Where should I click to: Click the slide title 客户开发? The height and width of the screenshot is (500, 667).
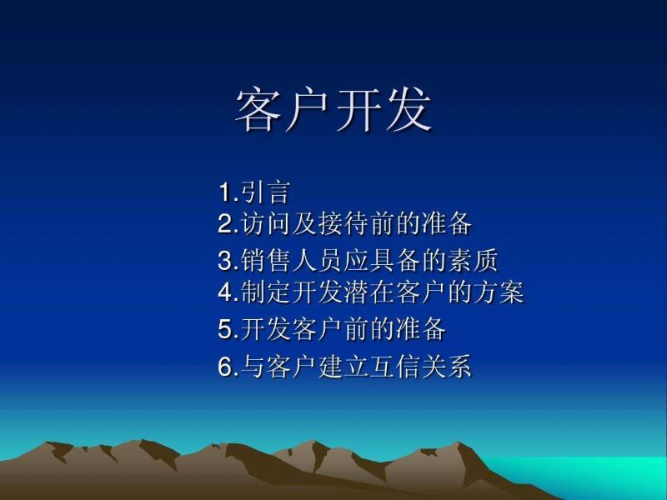333,110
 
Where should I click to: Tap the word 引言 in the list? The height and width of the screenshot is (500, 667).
265,192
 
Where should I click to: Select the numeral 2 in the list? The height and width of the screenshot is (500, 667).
224,223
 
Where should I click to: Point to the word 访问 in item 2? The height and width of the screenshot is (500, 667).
265,223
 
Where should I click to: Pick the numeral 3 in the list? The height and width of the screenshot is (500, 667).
224,261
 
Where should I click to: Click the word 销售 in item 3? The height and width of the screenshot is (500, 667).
265,261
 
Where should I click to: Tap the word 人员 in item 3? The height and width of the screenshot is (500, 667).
317,261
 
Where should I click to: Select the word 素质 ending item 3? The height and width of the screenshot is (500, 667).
473,261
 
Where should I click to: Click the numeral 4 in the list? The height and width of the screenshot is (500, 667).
224,292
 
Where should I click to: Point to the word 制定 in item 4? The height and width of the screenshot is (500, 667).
265,292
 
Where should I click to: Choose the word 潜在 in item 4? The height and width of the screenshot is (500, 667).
369,292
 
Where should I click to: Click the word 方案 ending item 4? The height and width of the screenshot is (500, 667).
499,292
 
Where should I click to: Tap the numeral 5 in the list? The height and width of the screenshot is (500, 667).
224,328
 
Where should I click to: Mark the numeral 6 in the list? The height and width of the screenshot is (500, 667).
224,366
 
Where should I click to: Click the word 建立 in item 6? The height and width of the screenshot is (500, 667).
343,366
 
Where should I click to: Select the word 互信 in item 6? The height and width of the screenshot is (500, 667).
394,366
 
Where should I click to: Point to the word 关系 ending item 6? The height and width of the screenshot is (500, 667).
447,366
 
